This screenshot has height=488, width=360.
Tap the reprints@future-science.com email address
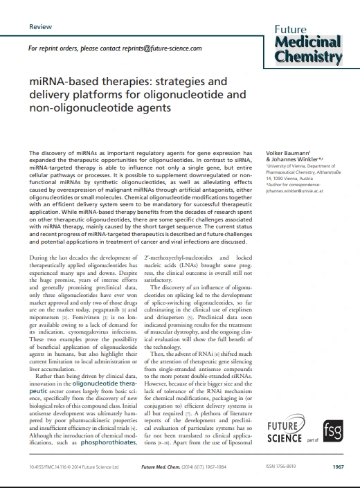159,49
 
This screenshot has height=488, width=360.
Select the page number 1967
337,467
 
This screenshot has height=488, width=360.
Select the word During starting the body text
39,258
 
